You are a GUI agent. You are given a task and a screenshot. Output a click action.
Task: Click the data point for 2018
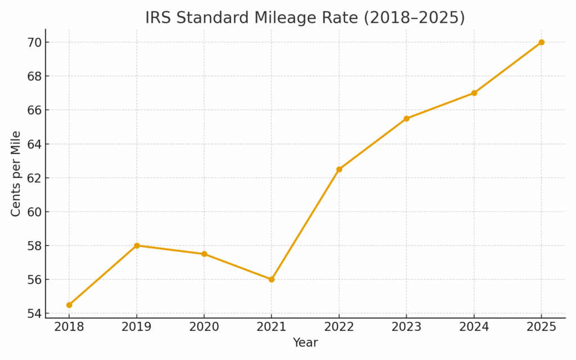tap(69, 305)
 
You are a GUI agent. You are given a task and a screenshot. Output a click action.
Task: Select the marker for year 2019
tap(137, 245)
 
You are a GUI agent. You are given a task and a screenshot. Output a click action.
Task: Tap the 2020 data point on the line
tap(204, 254)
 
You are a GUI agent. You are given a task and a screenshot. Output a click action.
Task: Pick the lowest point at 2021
tap(271, 279)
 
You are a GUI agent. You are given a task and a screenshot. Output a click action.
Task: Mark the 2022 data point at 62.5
tap(339, 169)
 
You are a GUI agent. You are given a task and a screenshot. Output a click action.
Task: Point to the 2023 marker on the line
tap(406, 119)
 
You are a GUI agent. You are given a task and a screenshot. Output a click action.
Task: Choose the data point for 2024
tap(474, 93)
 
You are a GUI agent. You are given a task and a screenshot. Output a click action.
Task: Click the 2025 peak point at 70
tap(541, 42)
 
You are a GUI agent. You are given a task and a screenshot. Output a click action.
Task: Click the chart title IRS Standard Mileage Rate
tap(305, 17)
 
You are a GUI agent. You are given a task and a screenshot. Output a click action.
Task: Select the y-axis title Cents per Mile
tap(16, 173)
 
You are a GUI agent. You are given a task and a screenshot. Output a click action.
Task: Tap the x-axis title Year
tap(305, 343)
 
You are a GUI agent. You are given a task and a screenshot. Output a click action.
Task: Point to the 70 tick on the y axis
tap(33, 42)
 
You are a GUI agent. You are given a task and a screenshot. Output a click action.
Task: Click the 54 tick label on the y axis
tap(33, 313)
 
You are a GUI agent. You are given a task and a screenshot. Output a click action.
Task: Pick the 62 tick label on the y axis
tap(33, 178)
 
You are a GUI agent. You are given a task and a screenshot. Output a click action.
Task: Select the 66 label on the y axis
tap(33, 110)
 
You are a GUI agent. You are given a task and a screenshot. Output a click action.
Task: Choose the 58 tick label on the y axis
tap(33, 246)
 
